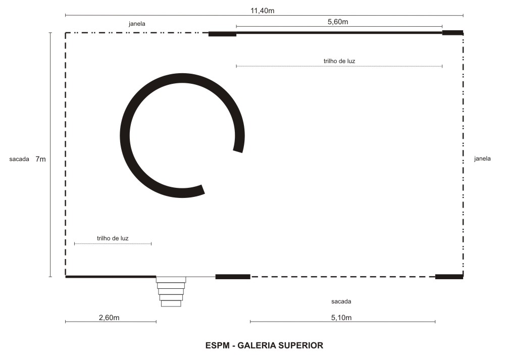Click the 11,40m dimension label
[263, 11]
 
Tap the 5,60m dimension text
[338, 22]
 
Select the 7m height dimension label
[40, 159]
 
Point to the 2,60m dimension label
[109, 318]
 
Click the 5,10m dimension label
[341, 318]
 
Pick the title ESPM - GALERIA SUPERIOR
[265, 345]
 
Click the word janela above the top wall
[137, 24]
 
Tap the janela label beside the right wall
[482, 159]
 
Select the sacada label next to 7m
[19, 159]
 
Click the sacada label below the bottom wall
[341, 302]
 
